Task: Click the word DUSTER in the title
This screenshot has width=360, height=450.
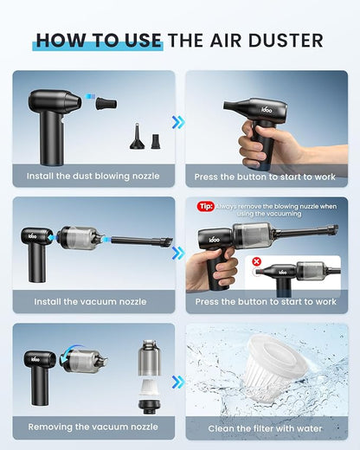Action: tap(286, 40)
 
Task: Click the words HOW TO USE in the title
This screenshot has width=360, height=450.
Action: tap(99, 40)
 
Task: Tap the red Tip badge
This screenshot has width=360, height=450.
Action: tap(206, 207)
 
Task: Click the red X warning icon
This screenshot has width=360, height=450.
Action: tap(256, 261)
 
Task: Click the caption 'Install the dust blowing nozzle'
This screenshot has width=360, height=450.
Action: tap(93, 176)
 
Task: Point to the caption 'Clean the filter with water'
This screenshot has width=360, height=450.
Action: tap(265, 428)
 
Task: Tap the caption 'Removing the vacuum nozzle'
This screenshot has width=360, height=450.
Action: tap(93, 427)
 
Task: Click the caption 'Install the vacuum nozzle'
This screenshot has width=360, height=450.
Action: tap(90, 302)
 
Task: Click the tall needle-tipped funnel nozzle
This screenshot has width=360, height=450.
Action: tap(137, 137)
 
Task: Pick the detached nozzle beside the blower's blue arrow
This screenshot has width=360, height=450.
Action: tap(106, 104)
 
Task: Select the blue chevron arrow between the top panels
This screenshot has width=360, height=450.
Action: tap(178, 122)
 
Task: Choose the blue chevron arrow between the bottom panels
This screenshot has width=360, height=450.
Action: tap(178, 382)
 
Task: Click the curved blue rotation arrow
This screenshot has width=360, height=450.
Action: tap(68, 354)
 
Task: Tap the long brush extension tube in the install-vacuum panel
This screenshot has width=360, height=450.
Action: tap(142, 240)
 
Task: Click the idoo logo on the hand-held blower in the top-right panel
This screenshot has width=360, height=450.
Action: tap(267, 109)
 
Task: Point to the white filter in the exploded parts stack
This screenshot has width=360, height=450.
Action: tap(149, 388)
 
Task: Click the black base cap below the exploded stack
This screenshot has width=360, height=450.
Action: tap(149, 407)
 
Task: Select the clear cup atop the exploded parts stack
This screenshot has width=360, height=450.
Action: tap(150, 357)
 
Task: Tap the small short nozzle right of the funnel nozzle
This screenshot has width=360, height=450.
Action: tap(156, 141)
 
